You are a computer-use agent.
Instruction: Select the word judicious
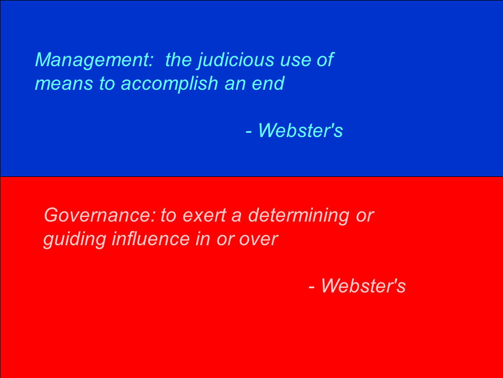click(236, 60)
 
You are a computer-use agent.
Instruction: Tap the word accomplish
click(170, 84)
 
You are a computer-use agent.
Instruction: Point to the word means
click(64, 84)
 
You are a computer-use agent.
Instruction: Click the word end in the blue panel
click(268, 83)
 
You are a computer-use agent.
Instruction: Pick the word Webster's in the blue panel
click(301, 131)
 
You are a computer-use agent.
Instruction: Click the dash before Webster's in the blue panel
click(248, 132)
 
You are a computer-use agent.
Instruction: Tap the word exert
click(204, 215)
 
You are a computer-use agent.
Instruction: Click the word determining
click(299, 216)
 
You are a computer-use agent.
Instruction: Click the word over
click(258, 240)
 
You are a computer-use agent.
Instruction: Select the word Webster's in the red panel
click(364, 286)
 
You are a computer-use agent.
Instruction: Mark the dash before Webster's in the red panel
click(311, 287)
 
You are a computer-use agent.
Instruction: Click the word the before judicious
click(178, 60)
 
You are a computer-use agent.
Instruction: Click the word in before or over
click(203, 239)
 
